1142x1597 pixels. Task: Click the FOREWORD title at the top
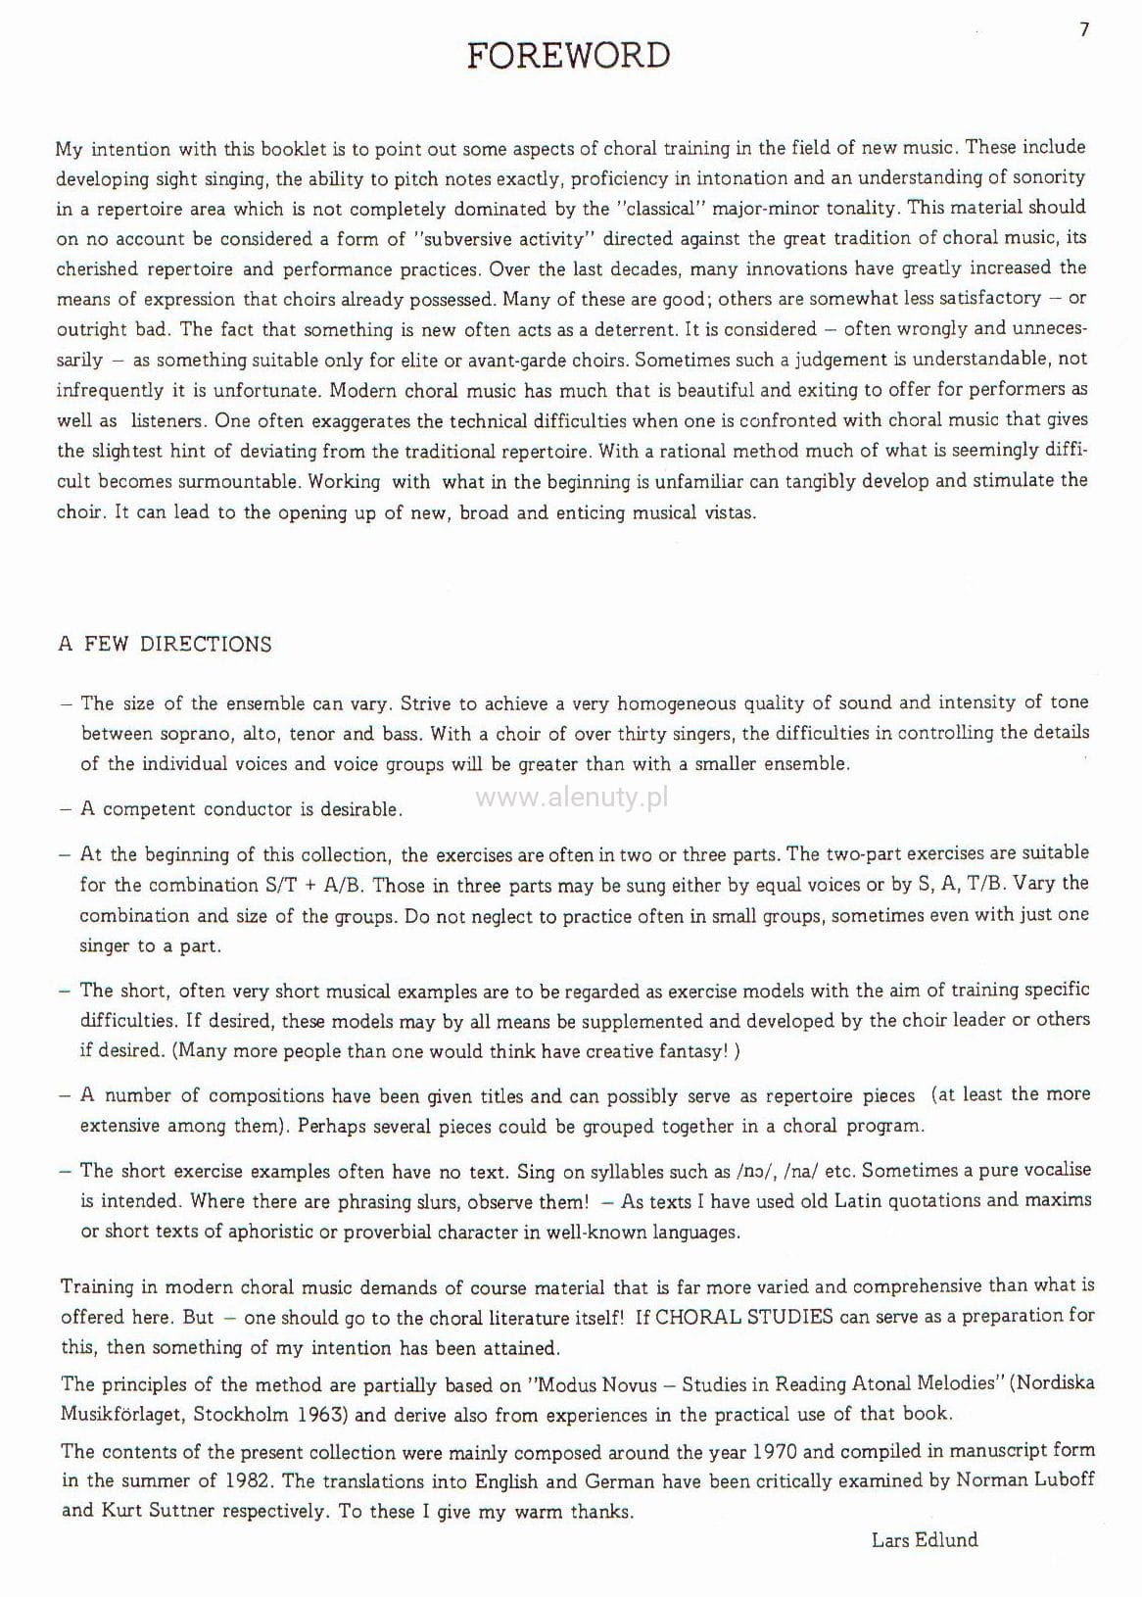pos(569,56)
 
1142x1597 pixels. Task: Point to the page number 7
pos(1084,30)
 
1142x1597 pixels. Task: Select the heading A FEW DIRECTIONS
pos(166,645)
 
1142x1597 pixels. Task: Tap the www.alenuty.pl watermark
pos(572,798)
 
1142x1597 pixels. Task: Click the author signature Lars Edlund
pos(925,1539)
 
